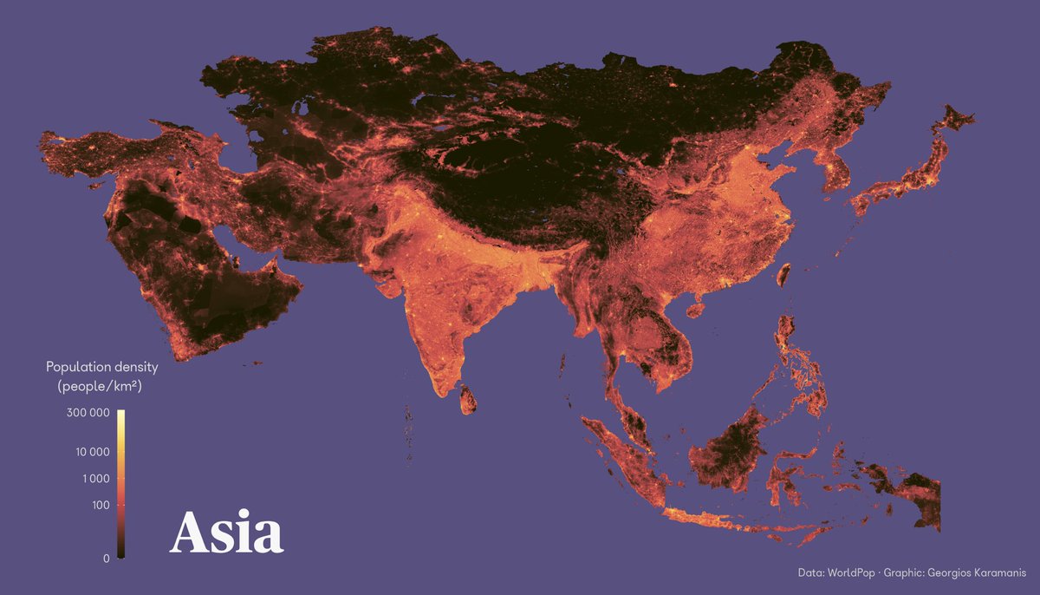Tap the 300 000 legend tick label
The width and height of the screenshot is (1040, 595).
[88, 414]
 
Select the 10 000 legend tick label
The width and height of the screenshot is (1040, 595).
[88, 452]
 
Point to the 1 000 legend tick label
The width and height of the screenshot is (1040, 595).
[91, 479]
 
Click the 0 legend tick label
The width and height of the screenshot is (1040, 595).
[106, 559]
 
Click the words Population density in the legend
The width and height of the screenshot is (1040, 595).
[102, 368]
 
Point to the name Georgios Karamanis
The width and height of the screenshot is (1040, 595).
[977, 572]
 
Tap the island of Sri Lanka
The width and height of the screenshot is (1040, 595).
[468, 401]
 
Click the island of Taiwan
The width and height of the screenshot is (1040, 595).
[786, 276]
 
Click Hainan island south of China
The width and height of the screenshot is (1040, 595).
[694, 308]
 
